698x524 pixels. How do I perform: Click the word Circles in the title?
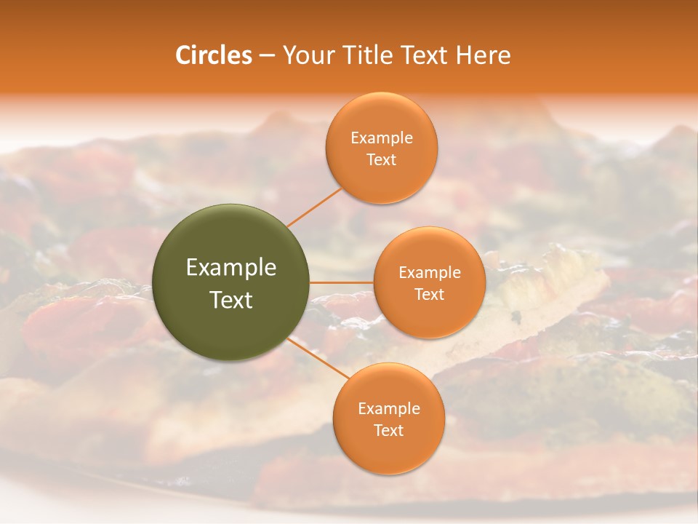coord(213,55)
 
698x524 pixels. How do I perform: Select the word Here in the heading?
coord(484,55)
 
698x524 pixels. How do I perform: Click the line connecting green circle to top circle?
coord(314,207)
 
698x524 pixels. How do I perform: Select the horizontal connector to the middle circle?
coord(342,282)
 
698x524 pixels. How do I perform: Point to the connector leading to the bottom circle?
coord(318,359)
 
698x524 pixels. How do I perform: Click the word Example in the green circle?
coord(231,268)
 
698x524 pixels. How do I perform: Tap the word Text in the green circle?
coord(231,300)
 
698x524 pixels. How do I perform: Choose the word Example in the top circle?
coord(382,138)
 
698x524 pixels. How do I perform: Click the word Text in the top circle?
coord(382,160)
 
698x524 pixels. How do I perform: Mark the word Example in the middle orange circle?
coord(430,273)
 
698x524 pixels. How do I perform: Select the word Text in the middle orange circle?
coord(430,295)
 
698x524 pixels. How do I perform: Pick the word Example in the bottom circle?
coord(389,409)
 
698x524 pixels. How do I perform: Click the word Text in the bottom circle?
coord(389,431)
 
